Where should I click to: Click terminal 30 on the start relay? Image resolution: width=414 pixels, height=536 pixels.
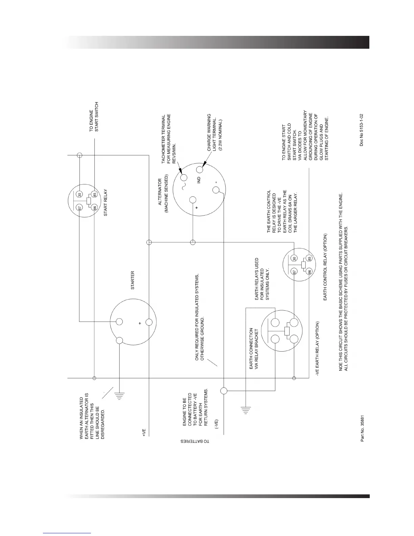(79, 195)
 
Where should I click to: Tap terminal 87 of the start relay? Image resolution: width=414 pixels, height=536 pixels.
(79, 207)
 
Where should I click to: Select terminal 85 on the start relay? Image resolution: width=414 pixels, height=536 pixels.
(95, 195)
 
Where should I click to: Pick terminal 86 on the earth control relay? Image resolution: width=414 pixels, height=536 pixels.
(309, 271)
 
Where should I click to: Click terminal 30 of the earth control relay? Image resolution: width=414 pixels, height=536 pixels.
(294, 259)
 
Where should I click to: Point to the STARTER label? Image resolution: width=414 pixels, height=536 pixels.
(133, 280)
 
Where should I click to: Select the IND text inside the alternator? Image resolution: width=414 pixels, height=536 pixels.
(199, 180)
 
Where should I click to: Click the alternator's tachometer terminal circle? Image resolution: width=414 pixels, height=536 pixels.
(184, 177)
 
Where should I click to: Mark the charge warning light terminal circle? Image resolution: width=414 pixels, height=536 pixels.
(200, 169)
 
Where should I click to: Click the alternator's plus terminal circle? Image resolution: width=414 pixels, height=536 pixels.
(193, 200)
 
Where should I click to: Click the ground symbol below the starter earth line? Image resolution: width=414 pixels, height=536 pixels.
(119, 395)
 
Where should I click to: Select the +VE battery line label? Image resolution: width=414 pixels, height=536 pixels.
(144, 433)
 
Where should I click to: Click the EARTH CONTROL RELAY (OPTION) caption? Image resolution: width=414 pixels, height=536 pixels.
(325, 267)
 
